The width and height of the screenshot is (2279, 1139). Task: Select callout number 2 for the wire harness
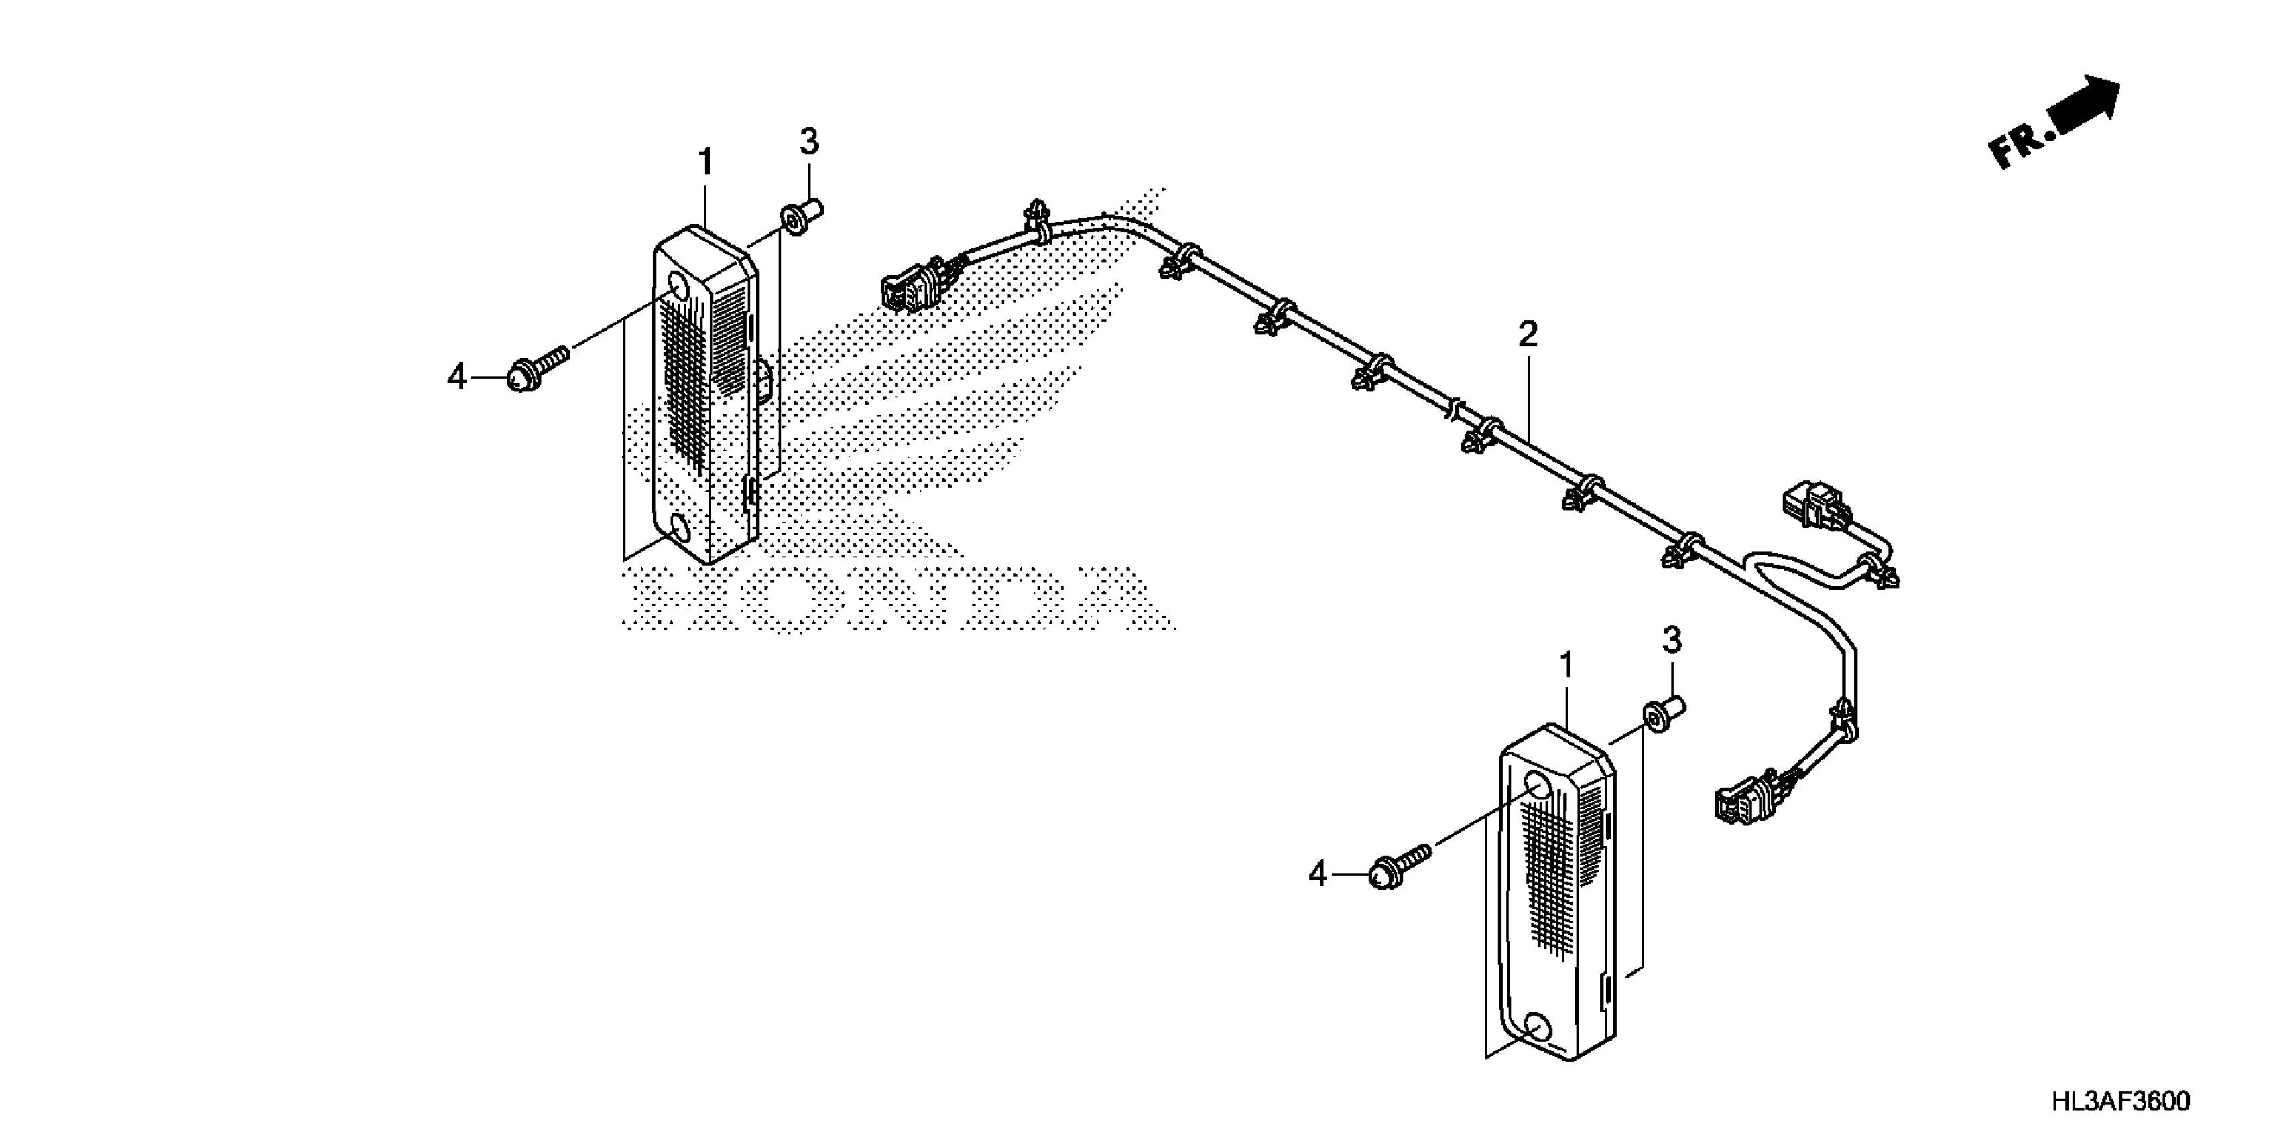click(1528, 334)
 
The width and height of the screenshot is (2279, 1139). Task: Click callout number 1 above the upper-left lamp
click(705, 163)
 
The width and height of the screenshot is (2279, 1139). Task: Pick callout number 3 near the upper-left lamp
click(808, 141)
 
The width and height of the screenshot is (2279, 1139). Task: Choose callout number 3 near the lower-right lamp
click(1671, 641)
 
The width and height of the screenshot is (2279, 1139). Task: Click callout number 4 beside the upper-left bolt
click(456, 378)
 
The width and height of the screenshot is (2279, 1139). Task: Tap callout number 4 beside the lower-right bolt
click(1318, 874)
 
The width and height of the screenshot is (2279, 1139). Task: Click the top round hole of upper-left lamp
click(678, 287)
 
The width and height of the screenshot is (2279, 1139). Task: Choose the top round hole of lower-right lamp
click(1540, 785)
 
